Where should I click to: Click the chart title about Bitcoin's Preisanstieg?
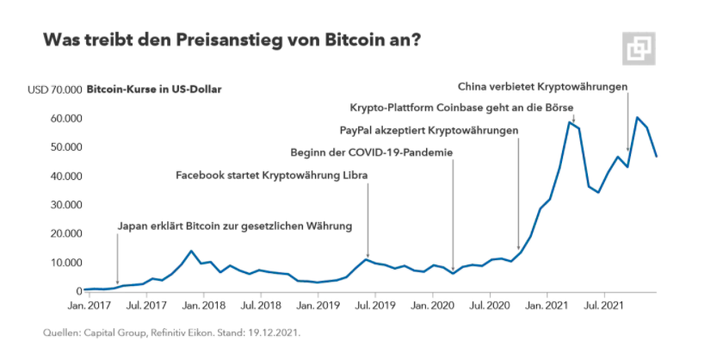pyautogui.click(x=232, y=40)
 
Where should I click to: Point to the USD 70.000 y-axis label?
pyautogui.click(x=55, y=90)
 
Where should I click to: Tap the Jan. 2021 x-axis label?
pyautogui.click(x=545, y=306)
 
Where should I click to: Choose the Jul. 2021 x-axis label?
pyautogui.click(x=602, y=306)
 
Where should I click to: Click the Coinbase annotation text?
pyautogui.click(x=460, y=109)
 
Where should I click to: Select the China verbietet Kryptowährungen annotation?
pyautogui.click(x=542, y=86)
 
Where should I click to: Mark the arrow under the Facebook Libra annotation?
pyautogui.click(x=368, y=220)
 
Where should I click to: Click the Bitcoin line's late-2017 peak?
pyautogui.click(x=190, y=251)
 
